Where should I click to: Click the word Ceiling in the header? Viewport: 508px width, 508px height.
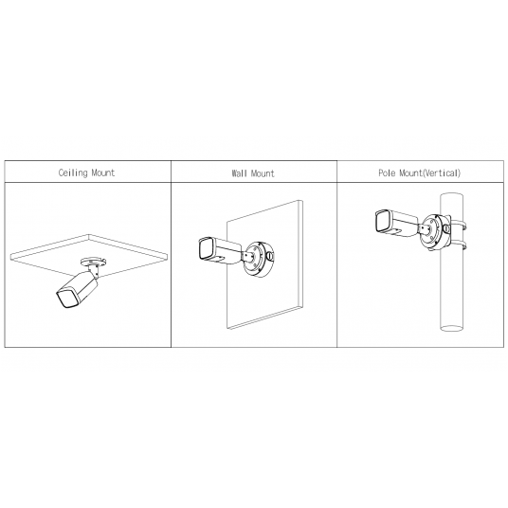click(73, 172)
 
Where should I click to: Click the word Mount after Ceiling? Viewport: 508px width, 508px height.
click(103, 172)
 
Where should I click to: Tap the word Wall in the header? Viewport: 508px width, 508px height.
click(239, 173)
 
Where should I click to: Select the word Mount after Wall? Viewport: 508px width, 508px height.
click(263, 173)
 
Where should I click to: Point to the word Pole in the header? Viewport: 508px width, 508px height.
click(387, 172)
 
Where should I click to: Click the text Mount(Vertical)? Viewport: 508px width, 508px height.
click(429, 172)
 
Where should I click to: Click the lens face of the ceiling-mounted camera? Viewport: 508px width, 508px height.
click(67, 299)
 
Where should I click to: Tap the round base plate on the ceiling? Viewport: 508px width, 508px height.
click(94, 262)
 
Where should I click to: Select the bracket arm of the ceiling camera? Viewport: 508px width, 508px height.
click(95, 270)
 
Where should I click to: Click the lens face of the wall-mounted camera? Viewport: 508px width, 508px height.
click(205, 249)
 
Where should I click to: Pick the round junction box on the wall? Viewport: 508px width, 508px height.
click(258, 258)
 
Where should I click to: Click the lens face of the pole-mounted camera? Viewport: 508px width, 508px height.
click(383, 221)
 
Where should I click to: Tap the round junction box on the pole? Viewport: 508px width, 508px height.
click(435, 232)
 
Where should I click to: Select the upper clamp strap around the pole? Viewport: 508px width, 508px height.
click(459, 225)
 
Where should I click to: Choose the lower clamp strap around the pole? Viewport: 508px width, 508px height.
click(459, 245)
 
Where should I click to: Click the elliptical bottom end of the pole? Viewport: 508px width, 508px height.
click(452, 328)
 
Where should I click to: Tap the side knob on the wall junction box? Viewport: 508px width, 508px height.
click(269, 256)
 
